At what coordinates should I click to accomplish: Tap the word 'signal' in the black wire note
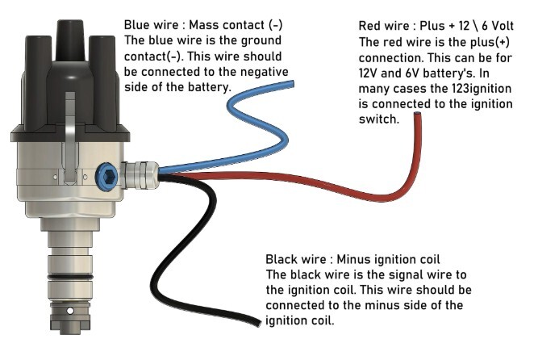point(400,275)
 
